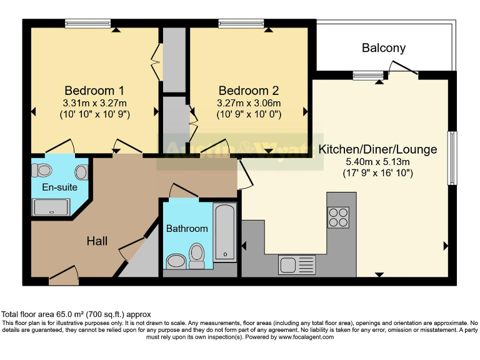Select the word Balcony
(383, 48)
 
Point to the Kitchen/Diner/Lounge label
(377, 150)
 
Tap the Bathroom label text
(186, 229)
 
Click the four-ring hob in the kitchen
(339, 217)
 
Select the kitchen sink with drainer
(296, 264)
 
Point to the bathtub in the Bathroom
(224, 232)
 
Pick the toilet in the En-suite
(44, 169)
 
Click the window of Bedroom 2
(241, 24)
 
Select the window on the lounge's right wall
(451, 158)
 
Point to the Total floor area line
(76, 314)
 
